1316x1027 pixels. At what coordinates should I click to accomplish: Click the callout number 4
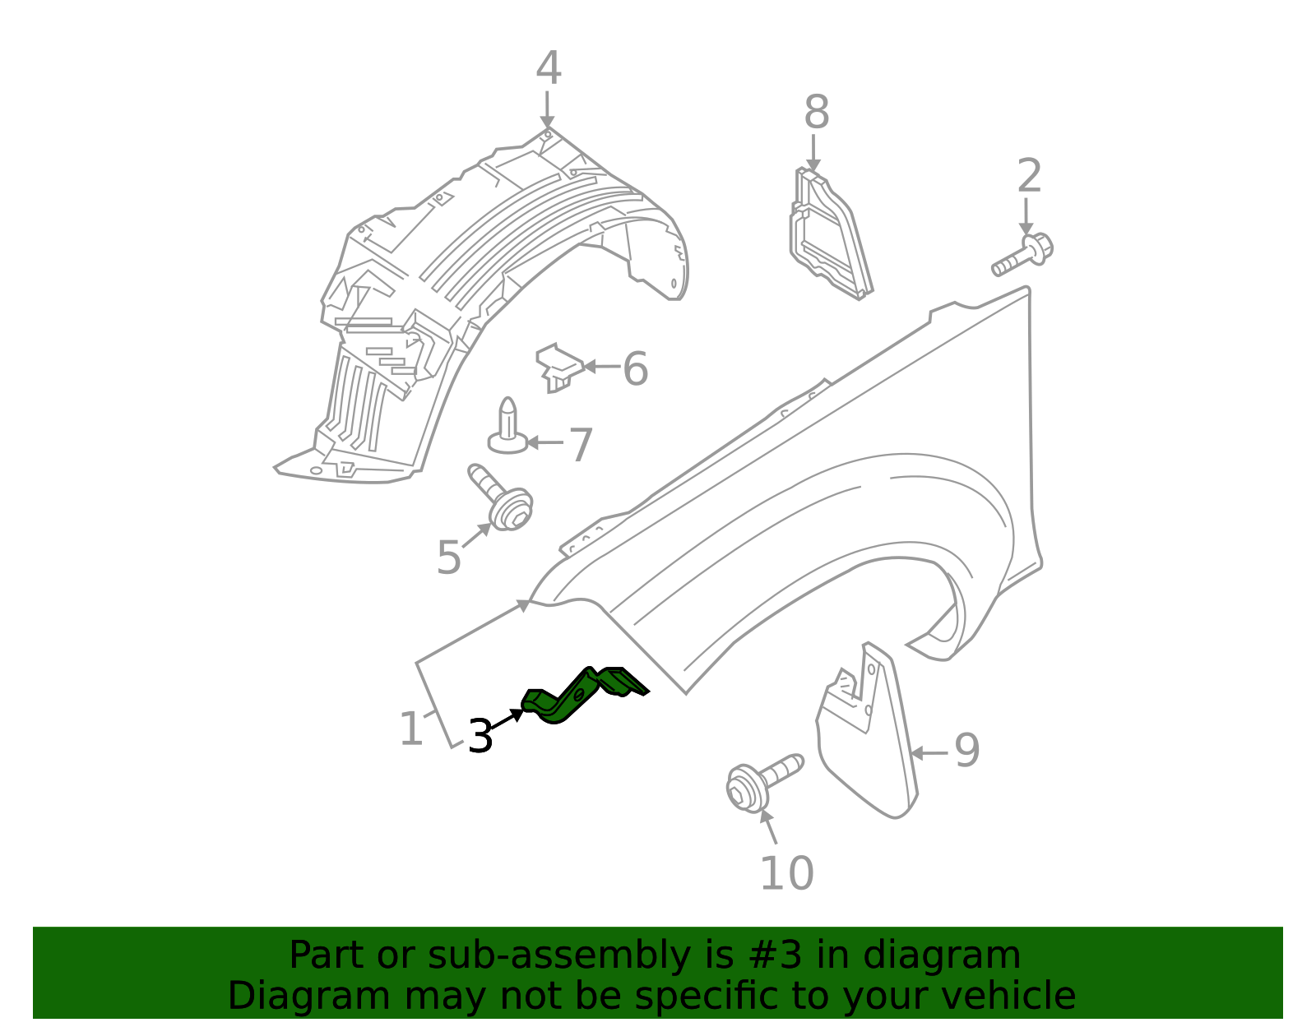548,69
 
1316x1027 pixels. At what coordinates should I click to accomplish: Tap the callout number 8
816,113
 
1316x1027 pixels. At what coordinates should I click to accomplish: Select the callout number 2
1029,177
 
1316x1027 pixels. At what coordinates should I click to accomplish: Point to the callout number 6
635,369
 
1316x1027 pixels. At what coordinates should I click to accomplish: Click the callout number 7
581,446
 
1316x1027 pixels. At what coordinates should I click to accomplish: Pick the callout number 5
449,558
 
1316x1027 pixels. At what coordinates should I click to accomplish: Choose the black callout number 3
480,736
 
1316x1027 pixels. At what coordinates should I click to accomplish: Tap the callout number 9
966,751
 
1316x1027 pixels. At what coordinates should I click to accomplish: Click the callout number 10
786,873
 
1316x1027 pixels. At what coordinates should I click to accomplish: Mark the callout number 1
410,729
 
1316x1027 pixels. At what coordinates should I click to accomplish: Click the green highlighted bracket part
581,696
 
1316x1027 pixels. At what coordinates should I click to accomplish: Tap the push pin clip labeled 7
508,428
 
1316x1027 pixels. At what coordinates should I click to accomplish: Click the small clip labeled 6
558,367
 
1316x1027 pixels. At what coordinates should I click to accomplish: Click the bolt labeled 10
760,782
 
